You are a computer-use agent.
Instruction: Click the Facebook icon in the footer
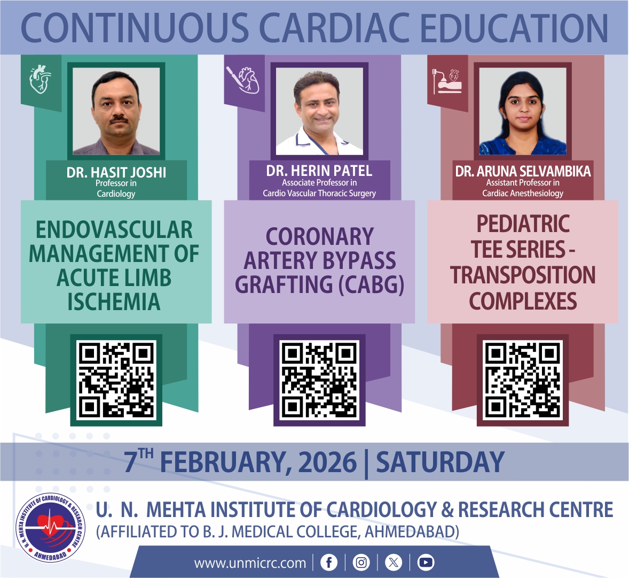pos(328,562)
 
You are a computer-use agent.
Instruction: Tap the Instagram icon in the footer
pos(361,562)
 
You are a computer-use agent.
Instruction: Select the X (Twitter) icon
pos(394,562)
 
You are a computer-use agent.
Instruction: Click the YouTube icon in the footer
pos(426,562)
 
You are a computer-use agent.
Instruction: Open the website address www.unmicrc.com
pos(250,563)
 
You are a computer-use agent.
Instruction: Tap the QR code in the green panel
pos(116,380)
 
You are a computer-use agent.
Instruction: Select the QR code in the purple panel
pos(319,380)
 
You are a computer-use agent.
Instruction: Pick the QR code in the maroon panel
pos(523,380)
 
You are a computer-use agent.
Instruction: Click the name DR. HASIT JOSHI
pos(116,172)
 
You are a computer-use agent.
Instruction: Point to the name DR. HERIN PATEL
pos(319,171)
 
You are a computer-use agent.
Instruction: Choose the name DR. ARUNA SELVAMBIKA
pos(523,172)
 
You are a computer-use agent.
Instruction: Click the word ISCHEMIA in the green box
pos(114,302)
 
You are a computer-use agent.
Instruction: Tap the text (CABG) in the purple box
pos(371,284)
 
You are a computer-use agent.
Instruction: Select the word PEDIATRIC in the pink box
pos(523,224)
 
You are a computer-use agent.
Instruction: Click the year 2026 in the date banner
pos(327,462)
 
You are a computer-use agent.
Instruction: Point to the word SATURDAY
pos(440,462)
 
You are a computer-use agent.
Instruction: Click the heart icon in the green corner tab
pos(41,79)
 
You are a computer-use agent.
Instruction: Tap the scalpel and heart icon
pos(243,79)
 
